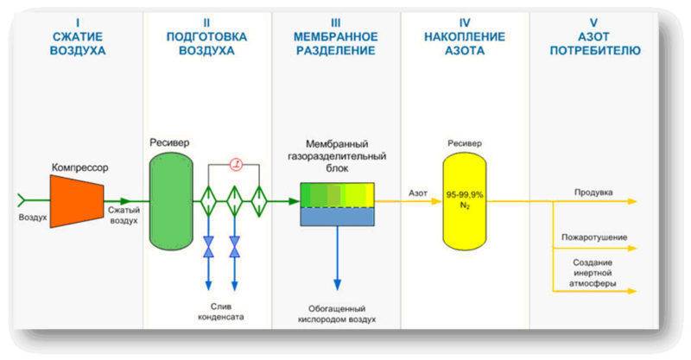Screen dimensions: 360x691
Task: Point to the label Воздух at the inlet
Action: (33, 217)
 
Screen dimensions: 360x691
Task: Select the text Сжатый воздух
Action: (123, 215)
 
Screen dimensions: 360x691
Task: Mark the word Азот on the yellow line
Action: (418, 193)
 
